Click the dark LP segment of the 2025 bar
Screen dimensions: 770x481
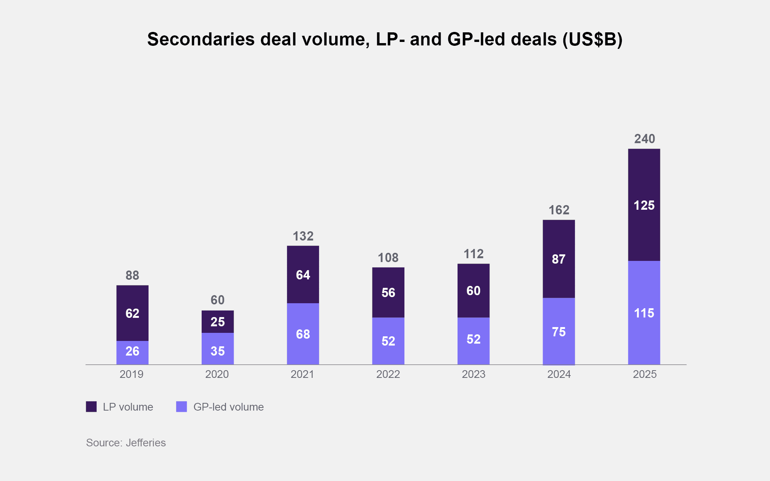(644, 205)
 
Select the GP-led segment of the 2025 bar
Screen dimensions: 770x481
(644, 312)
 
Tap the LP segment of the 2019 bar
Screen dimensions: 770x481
(132, 313)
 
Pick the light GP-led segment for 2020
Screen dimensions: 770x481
(217, 349)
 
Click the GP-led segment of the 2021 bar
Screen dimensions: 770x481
(303, 334)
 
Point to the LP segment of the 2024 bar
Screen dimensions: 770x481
(559, 259)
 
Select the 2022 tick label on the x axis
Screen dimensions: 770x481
(388, 374)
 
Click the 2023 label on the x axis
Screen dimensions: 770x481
(473, 374)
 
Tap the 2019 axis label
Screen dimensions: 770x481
(131, 374)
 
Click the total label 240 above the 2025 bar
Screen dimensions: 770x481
(645, 139)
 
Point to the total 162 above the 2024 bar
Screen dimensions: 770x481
(559, 210)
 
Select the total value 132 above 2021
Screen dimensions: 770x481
(303, 236)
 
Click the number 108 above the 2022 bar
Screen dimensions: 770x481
(388, 257)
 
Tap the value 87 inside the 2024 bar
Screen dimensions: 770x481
(559, 259)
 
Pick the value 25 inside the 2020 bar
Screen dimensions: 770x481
(217, 322)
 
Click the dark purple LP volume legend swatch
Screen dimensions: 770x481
(91, 407)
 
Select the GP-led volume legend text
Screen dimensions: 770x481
(229, 407)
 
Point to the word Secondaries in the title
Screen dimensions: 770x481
(201, 39)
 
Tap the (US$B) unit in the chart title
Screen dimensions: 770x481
(592, 39)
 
